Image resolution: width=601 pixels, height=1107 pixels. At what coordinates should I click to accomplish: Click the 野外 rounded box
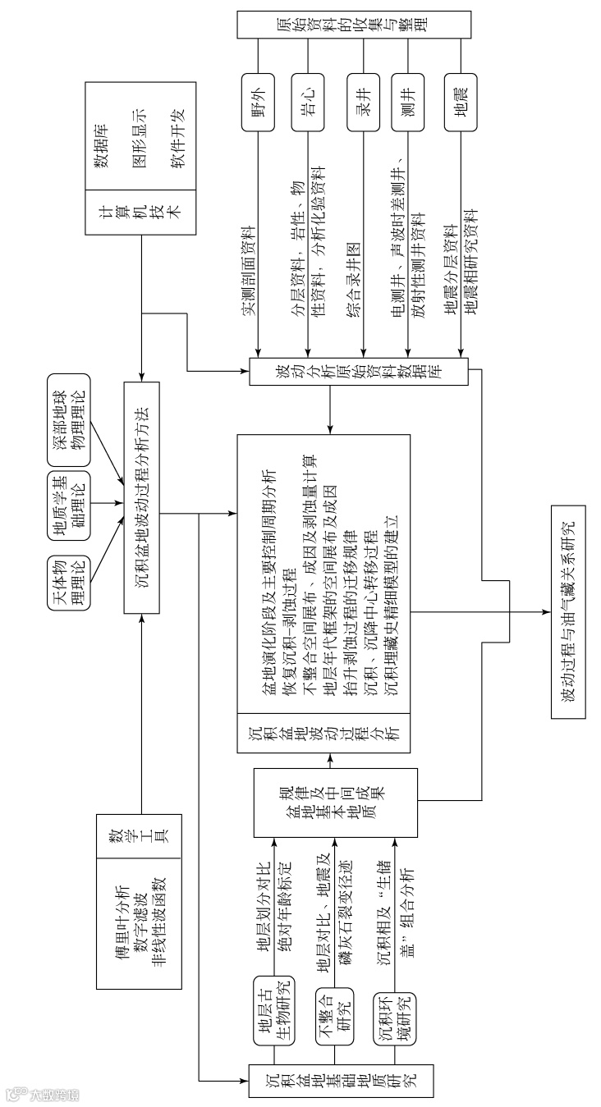pos(258,103)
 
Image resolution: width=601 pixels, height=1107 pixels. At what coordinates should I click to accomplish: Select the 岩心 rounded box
pos(306,103)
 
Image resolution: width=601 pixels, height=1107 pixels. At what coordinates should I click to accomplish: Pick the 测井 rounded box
pos(407,103)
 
